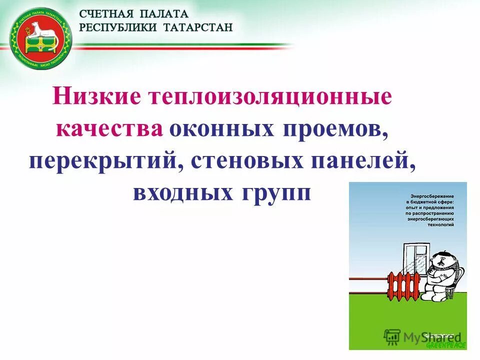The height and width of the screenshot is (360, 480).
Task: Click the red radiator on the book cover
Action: point(405,285)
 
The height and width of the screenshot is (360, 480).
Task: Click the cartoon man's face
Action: point(444,260)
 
